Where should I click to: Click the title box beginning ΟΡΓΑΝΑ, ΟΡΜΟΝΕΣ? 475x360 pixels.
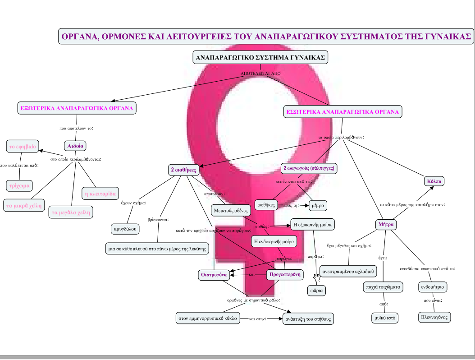pyautogui.click(x=266, y=36)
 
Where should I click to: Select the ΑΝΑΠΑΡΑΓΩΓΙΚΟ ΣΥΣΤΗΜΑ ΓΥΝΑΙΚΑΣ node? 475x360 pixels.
pyautogui.click(x=260, y=58)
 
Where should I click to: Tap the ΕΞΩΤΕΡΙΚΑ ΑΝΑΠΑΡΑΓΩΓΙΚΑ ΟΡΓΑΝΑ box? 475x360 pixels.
pyautogui.click(x=77, y=108)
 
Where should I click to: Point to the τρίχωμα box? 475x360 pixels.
pyautogui.click(x=19, y=185)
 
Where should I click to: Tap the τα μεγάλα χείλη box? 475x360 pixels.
pyautogui.click(x=71, y=212)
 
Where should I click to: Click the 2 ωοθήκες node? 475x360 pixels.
pyautogui.click(x=183, y=170)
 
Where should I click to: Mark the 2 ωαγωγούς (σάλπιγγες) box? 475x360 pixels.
pyautogui.click(x=309, y=168)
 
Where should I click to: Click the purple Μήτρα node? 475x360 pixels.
pyautogui.click(x=386, y=224)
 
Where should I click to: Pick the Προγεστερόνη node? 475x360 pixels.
pyautogui.click(x=284, y=274)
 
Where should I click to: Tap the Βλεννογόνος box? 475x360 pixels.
pyautogui.click(x=434, y=317)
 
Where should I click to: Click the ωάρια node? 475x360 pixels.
pyautogui.click(x=317, y=291)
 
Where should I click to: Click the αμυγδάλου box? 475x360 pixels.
pyautogui.click(x=125, y=229)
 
